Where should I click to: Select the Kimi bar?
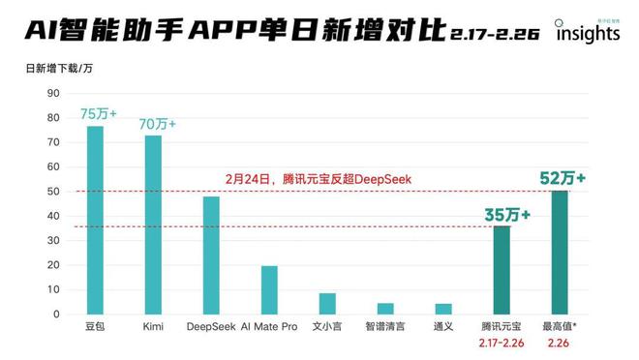pyautogui.click(x=153, y=225)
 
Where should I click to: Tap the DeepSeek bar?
pyautogui.click(x=211, y=255)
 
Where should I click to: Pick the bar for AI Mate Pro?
pyautogui.click(x=269, y=290)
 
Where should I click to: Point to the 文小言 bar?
pyautogui.click(x=327, y=304)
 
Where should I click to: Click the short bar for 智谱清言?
pyautogui.click(x=385, y=309)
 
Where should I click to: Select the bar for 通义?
pyautogui.click(x=443, y=309)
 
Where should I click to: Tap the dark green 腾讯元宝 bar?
pyautogui.click(x=502, y=270)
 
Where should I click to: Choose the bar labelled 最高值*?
pyautogui.click(x=560, y=253)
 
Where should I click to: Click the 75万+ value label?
pyautogui.click(x=98, y=113)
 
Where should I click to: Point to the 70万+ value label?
pyautogui.click(x=158, y=124)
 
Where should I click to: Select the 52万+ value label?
pyautogui.click(x=563, y=178)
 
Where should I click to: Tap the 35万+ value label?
pyautogui.click(x=507, y=214)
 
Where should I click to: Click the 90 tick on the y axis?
pyautogui.click(x=53, y=93)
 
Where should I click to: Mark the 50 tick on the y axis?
pyautogui.click(x=53, y=192)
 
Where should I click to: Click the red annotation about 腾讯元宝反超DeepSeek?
pyautogui.click(x=304, y=179)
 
